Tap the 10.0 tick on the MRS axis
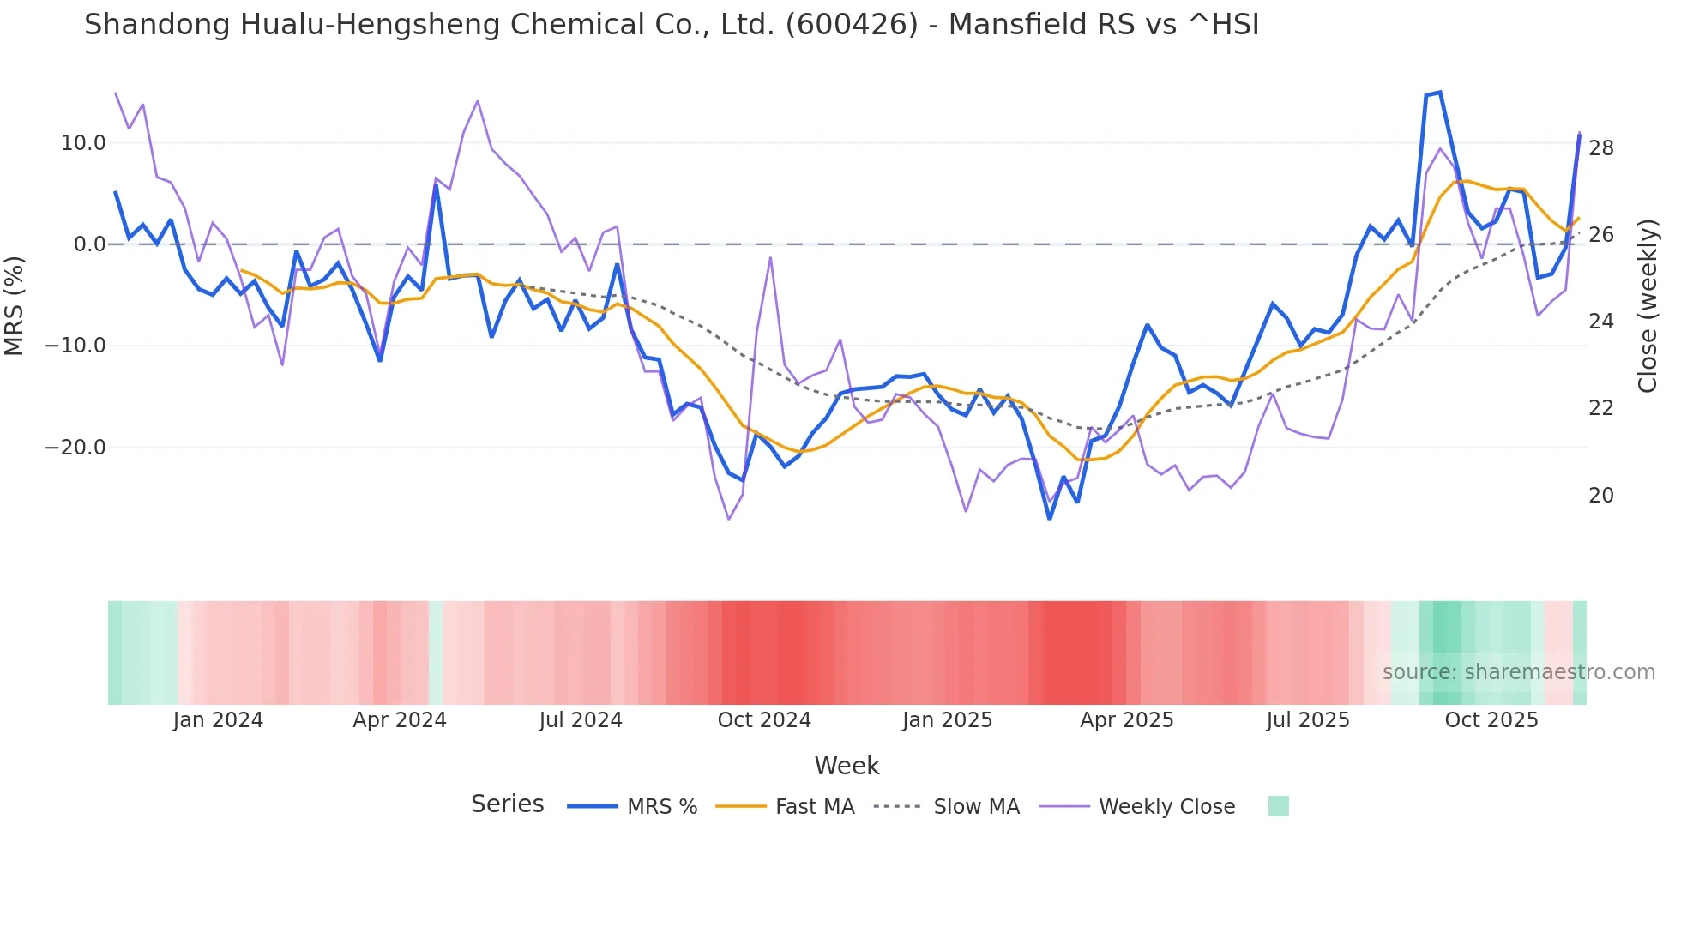(83, 143)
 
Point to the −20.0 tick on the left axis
(75, 448)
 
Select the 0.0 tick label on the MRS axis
(90, 244)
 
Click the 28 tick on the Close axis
(1601, 148)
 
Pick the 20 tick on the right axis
(1601, 496)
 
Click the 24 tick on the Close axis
(1601, 322)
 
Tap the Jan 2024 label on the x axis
(218, 720)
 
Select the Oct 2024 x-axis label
(764, 720)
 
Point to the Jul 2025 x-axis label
(1308, 720)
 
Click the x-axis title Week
(847, 766)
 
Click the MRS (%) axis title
(15, 305)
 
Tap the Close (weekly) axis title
(1648, 306)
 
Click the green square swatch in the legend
(1278, 806)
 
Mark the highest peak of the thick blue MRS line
(1440, 92)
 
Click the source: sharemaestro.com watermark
(1518, 672)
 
